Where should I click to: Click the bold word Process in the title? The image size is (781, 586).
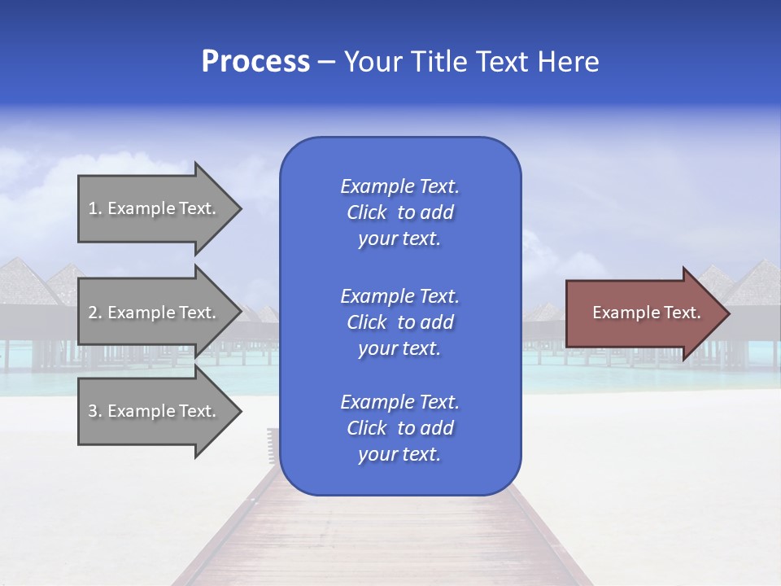(255, 62)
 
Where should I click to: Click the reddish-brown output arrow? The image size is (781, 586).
(643, 313)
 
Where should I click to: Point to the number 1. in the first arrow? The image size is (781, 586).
(95, 208)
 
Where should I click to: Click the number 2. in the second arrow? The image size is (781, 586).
(95, 313)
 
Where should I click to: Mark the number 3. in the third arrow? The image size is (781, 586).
(95, 411)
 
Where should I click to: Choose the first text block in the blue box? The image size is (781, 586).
(399, 212)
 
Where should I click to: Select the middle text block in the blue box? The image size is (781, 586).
(399, 322)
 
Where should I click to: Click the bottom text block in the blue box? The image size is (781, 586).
(399, 428)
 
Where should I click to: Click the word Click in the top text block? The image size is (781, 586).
(367, 212)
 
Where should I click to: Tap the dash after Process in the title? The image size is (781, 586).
(327, 62)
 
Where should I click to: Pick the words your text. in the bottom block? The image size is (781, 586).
(399, 454)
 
